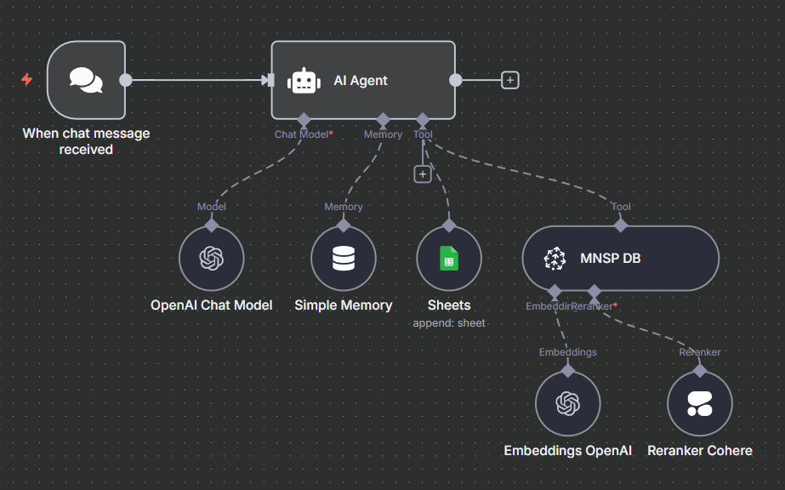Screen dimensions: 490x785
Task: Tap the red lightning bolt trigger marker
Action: click(27, 80)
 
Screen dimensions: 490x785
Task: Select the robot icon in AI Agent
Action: click(304, 81)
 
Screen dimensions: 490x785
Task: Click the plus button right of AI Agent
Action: click(509, 80)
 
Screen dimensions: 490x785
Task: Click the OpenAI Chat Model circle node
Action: click(211, 259)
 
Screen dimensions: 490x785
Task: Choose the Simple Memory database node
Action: click(344, 259)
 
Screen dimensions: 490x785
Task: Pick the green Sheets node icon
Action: click(449, 259)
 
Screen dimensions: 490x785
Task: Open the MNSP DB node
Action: click(620, 259)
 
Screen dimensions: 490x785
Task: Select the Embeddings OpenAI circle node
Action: click(568, 404)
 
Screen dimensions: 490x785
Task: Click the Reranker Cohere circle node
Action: click(700, 404)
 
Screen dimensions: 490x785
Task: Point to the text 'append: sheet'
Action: click(449, 323)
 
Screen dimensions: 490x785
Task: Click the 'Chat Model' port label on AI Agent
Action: click(301, 134)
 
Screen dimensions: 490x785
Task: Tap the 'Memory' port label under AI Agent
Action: click(383, 134)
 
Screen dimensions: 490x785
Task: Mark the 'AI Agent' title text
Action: click(361, 81)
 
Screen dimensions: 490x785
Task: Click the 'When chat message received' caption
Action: click(86, 141)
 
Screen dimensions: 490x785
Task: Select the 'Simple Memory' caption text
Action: click(344, 305)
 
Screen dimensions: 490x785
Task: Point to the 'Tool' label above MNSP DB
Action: click(621, 207)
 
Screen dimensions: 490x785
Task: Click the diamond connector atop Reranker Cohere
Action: click(700, 370)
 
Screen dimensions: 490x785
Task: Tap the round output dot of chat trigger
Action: click(126, 80)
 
